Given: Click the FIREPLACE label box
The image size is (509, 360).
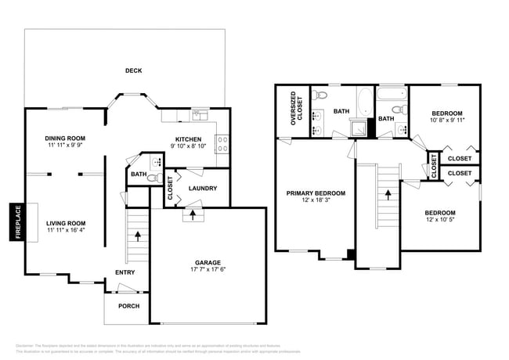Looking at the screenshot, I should [16, 222].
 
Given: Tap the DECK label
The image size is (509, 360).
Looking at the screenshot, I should [134, 70].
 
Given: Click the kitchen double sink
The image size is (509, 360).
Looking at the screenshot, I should [200, 115].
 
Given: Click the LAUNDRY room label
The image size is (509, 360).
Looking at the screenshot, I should [203, 188].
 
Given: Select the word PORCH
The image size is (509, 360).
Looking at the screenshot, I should [129, 307].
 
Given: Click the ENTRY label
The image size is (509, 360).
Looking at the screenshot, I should [125, 272].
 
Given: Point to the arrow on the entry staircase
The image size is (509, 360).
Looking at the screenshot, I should [138, 234].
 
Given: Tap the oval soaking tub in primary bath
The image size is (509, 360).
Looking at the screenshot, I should [366, 102].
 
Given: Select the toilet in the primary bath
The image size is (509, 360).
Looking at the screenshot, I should [317, 95].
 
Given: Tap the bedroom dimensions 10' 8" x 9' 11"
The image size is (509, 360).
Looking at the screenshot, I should [447, 121].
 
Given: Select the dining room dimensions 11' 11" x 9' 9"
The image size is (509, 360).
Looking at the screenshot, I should [64, 146].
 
